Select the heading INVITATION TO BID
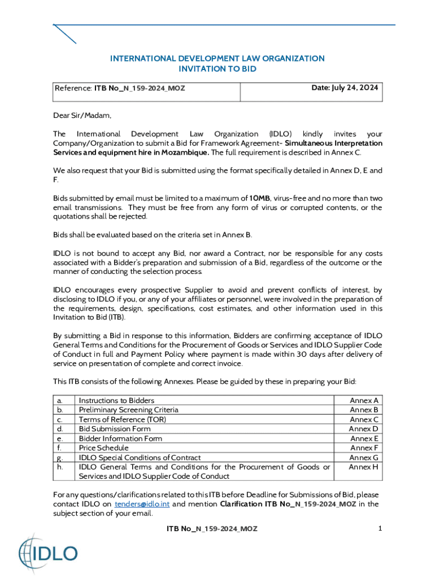pos(217,69)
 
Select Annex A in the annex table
pos(364,400)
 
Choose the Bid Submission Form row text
pos(115,429)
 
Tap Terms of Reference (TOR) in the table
pos(123,419)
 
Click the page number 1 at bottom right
pos(380,528)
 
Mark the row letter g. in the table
pos(60,458)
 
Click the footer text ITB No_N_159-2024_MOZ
pos(212,528)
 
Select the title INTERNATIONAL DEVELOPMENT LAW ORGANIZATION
pos(217,58)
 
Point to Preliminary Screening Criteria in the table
pos(128,410)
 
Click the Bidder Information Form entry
pos(120,439)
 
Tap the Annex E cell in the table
pos(364,439)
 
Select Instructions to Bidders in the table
pos(116,400)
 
